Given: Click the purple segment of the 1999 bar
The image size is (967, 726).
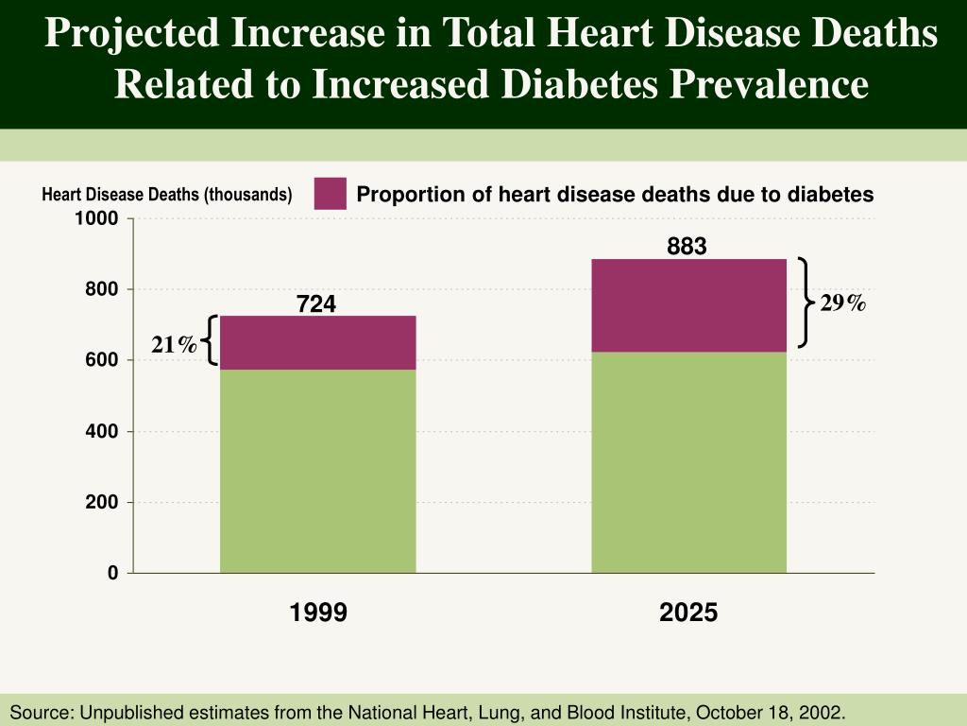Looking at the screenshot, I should click(317, 342).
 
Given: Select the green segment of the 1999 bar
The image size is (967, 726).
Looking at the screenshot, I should click(317, 471).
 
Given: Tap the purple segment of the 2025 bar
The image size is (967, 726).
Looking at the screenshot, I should click(688, 305).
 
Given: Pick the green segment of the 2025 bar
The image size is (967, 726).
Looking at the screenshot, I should click(688, 462).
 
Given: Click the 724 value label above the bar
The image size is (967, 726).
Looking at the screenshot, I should click(316, 304).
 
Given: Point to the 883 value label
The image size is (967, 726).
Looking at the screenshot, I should click(687, 247).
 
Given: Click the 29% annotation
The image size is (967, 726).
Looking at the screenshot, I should click(842, 302).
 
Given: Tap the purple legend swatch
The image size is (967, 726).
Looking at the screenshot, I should click(331, 194).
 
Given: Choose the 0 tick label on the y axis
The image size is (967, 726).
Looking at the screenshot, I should click(113, 573).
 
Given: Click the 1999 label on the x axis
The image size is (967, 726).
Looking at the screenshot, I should click(318, 613).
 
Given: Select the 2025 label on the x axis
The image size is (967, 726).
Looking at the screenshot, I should click(688, 613).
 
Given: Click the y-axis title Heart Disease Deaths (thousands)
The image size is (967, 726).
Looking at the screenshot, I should click(167, 195).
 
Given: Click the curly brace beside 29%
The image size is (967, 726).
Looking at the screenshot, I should click(805, 302).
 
